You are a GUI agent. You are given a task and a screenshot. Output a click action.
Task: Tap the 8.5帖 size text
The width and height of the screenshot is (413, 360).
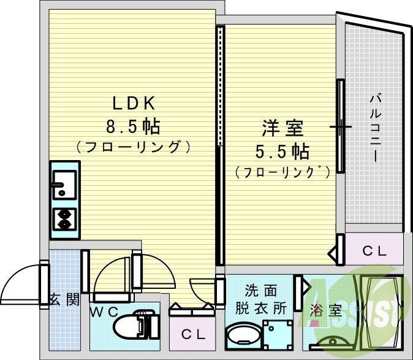click(x=134, y=127)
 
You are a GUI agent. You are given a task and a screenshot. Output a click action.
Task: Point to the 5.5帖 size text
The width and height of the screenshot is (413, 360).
click(x=282, y=151)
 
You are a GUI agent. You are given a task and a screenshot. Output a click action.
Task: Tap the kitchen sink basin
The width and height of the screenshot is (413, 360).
click(x=64, y=184)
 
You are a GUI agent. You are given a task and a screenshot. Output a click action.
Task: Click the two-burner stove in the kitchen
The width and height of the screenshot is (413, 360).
click(x=64, y=218)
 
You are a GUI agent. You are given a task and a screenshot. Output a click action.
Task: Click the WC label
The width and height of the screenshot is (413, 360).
click(x=104, y=312)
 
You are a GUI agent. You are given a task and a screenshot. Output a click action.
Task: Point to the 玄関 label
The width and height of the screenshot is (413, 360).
click(x=64, y=300)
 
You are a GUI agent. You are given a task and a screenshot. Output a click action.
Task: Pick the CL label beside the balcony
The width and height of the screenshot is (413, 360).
click(x=373, y=250)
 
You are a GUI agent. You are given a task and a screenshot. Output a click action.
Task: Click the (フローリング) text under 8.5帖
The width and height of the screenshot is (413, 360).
click(x=134, y=148)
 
